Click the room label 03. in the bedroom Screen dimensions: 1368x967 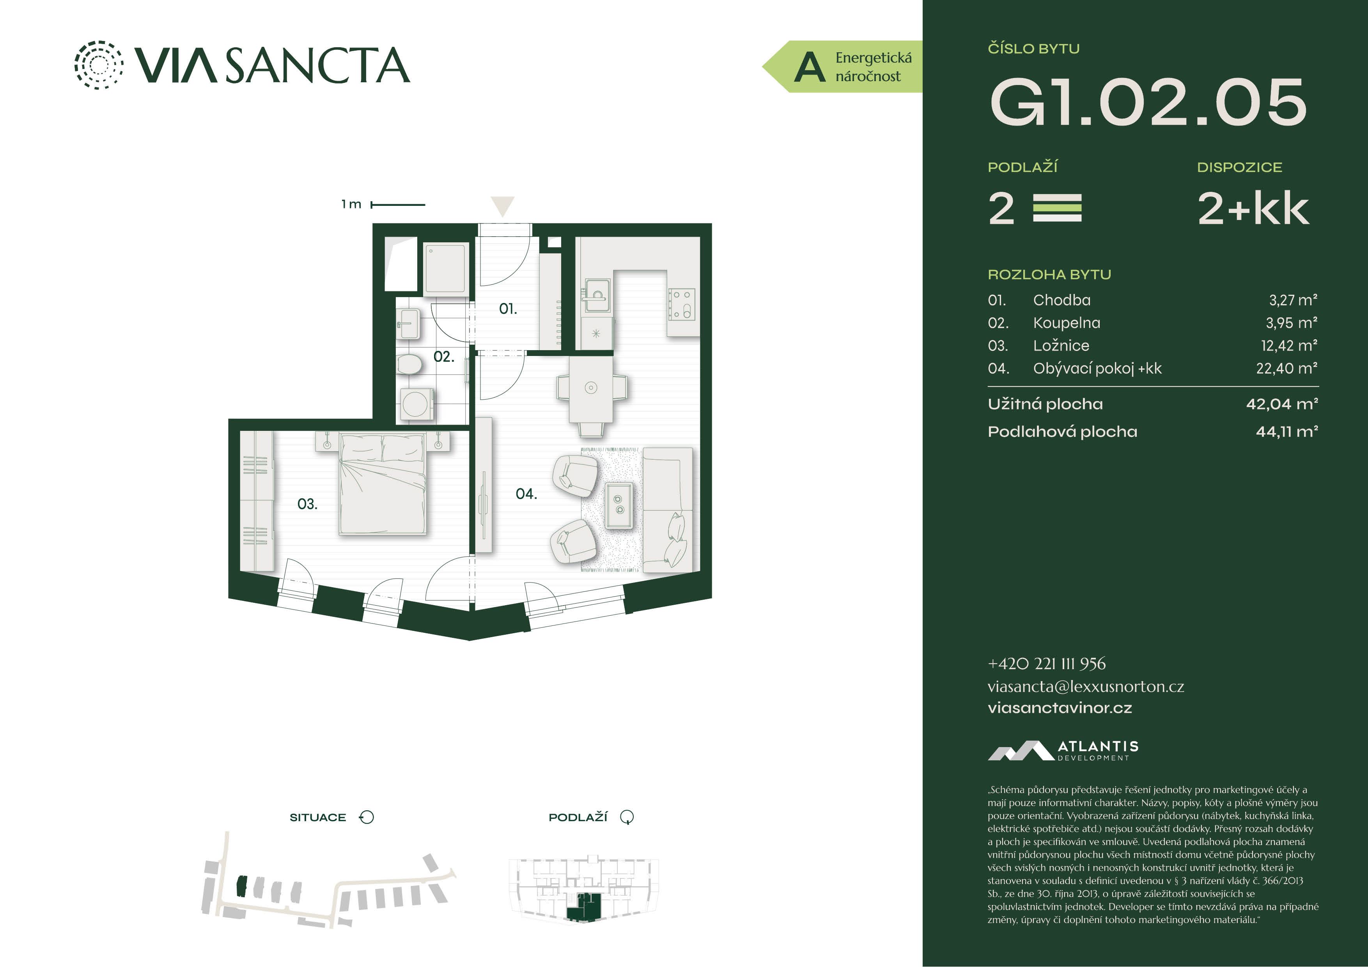coord(307,504)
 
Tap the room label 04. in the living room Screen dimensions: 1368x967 coord(526,494)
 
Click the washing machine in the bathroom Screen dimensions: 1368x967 coord(416,405)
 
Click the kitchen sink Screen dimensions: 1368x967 coord(596,295)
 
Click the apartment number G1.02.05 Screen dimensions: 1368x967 coord(1148,103)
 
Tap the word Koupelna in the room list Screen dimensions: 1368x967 coord(1067,323)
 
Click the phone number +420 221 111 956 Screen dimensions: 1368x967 coord(1046,664)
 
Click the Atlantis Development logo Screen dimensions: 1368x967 coord(1063,751)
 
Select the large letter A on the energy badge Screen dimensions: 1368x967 coord(810,67)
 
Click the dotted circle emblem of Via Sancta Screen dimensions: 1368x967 coord(99,65)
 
